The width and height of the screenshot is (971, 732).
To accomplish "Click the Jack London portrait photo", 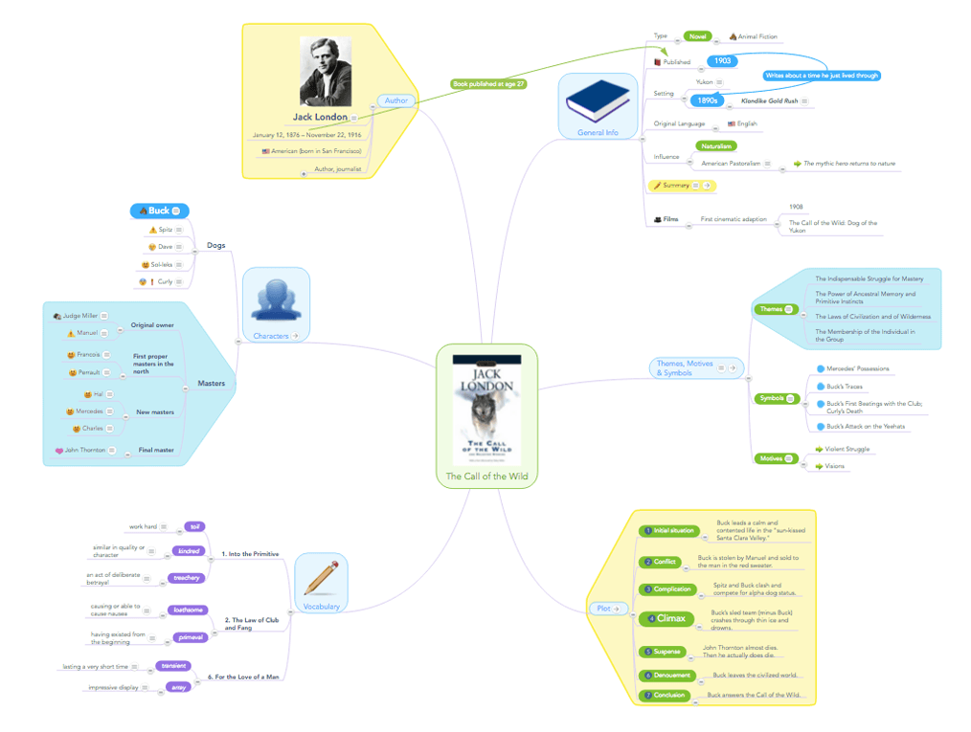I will [325, 73].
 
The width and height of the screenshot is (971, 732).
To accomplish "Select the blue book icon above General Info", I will [598, 99].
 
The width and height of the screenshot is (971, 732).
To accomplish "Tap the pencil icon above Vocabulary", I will [321, 578].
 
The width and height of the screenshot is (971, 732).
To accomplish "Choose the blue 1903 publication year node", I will [723, 61].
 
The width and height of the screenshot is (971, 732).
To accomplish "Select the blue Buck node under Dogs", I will [159, 211].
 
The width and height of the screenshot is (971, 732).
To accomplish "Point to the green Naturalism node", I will [716, 146].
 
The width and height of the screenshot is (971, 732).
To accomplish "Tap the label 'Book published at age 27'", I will [488, 84].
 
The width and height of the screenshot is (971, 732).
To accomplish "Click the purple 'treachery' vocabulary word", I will [186, 577].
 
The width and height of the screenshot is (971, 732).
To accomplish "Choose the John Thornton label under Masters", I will [86, 450].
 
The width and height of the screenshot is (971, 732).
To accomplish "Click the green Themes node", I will [772, 309].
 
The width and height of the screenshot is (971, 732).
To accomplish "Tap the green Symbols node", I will [772, 398].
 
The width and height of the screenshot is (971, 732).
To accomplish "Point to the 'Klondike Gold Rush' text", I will [763, 100].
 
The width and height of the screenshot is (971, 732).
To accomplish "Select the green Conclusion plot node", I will [665, 695].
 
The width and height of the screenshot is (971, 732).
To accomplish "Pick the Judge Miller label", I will [80, 316].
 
